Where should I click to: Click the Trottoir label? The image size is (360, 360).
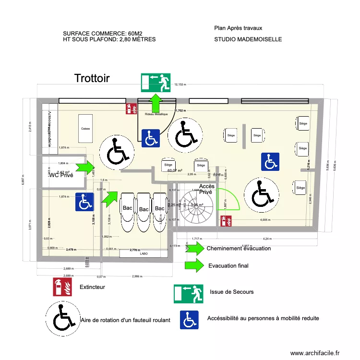click(x=92, y=78)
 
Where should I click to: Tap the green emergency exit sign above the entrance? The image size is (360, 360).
click(x=156, y=82)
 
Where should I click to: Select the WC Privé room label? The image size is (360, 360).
click(x=61, y=175)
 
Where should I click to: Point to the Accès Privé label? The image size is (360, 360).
click(x=207, y=189)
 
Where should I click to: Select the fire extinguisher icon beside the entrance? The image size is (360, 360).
click(x=130, y=108)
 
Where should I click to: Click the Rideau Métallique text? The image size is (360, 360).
click(x=156, y=114)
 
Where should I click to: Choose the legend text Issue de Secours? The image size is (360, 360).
click(x=231, y=291)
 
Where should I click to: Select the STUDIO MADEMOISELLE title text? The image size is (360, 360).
click(x=248, y=40)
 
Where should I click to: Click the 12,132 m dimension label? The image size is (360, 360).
click(x=180, y=84)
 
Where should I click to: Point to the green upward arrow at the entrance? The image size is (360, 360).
click(x=156, y=102)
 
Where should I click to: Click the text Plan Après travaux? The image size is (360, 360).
click(x=238, y=28)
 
